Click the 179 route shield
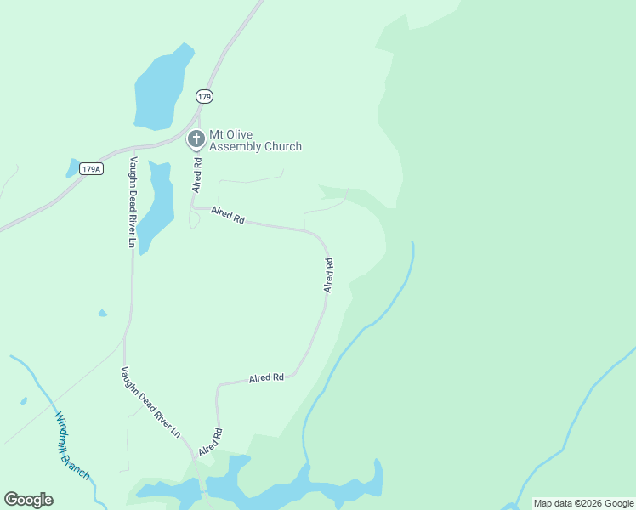click(204, 97)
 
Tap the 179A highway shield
click(91, 169)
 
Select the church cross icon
click(196, 139)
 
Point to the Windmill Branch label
click(72, 446)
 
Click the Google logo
click(28, 500)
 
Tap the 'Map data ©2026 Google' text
click(583, 503)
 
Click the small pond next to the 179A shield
click(72, 167)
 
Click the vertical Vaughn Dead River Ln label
click(133, 202)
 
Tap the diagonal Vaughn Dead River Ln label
click(150, 401)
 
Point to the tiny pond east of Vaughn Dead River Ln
click(103, 314)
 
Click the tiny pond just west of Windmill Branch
click(24, 401)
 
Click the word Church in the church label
click(281, 147)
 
